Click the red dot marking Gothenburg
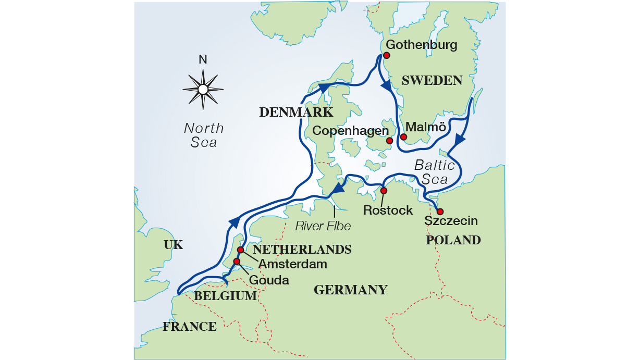[386, 55]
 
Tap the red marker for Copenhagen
[389, 141]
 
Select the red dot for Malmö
[403, 137]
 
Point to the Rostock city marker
[384, 191]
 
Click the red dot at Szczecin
[440, 212]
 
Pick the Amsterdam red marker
[241, 250]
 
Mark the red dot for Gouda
[237, 262]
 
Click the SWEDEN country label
[432, 81]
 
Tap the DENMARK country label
[296, 113]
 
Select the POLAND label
[453, 240]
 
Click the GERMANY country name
[350, 290]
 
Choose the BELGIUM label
[226, 296]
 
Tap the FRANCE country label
[189, 327]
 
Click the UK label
[173, 245]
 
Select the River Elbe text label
[323, 226]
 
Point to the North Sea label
[204, 135]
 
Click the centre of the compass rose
[203, 90]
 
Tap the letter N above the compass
[203, 60]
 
